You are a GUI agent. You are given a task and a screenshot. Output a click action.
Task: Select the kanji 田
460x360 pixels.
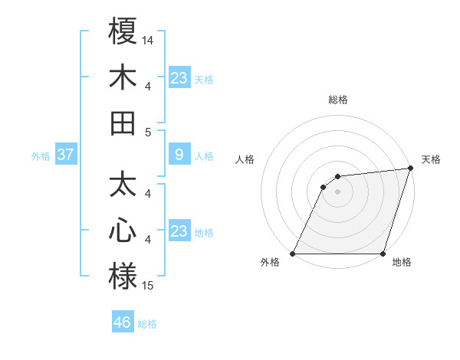[123, 123]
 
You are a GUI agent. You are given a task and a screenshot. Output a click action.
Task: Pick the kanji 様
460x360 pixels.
[123, 277]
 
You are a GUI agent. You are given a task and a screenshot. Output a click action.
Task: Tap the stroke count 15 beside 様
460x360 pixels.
[148, 286]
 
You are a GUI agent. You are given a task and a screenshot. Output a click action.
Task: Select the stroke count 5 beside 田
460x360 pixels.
[148, 132]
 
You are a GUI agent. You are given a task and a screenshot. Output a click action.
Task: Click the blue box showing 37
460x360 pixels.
[65, 155]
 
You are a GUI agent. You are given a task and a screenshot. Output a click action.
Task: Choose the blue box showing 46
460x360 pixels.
[122, 322]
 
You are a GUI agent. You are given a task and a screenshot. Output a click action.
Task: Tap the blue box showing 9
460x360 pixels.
[179, 155]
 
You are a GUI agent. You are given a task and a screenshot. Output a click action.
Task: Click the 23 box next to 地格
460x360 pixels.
[179, 231]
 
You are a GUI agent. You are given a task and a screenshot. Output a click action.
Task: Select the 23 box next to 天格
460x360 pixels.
[179, 77]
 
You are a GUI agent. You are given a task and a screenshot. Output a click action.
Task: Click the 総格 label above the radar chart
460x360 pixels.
[337, 100]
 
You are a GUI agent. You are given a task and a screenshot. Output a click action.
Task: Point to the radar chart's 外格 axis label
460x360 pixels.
[270, 263]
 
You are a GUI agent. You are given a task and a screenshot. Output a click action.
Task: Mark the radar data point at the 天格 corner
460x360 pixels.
[410, 169]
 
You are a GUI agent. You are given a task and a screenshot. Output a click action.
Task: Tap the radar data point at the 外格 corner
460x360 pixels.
[292, 254]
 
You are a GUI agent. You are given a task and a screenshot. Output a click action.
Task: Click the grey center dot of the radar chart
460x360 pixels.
[337, 191]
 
